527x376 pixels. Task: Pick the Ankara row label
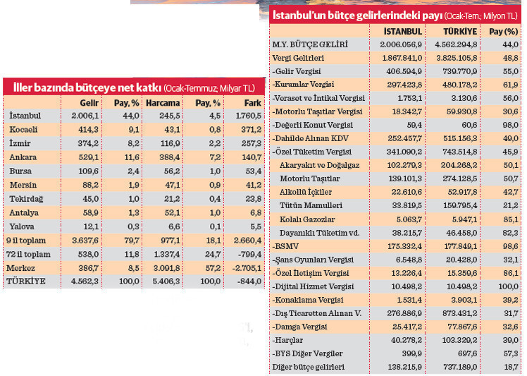click(23, 157)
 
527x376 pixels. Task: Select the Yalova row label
click(23, 226)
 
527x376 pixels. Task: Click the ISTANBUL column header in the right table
click(403, 32)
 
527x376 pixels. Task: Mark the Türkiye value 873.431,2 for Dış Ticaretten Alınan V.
click(460, 313)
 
